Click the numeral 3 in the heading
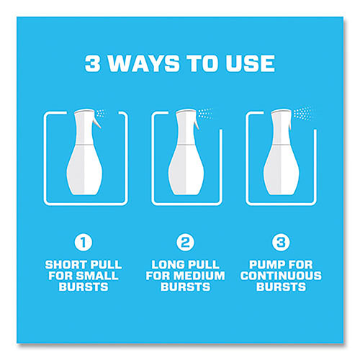pos(93,63)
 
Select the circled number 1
pos(84,243)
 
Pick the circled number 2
pos(185,243)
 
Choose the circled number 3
pos(281,243)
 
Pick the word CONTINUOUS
pos(281,276)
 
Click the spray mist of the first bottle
pos(102,113)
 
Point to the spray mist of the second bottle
pos(205,113)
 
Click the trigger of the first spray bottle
pos(98,122)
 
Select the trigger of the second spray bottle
pos(197,123)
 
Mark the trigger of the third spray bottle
pos(289,123)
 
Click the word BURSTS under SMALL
pos(84,287)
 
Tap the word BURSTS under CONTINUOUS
pos(281,287)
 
